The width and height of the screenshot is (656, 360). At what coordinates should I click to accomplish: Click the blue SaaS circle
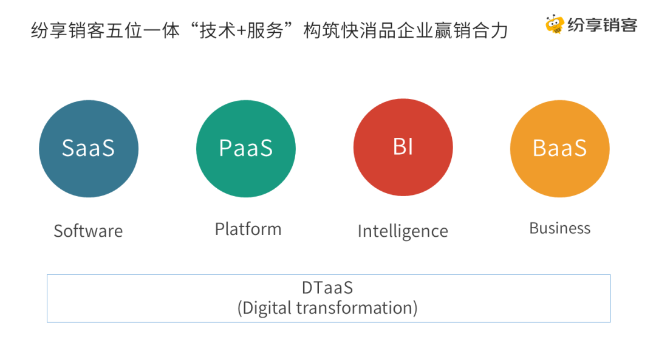[89, 149]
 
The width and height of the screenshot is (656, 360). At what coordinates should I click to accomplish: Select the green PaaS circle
[246, 149]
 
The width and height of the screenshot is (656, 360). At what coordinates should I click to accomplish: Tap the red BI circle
[403, 147]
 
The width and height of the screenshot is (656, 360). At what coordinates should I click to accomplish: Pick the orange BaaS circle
[560, 149]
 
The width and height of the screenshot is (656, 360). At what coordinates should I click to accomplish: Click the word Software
[88, 231]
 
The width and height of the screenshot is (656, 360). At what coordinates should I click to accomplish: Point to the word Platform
[248, 229]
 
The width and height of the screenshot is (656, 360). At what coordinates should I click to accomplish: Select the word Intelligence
[403, 231]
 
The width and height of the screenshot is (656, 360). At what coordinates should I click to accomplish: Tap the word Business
[560, 228]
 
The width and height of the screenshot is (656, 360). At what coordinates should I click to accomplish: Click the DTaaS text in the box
[327, 288]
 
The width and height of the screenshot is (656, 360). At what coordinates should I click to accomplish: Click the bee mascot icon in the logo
[555, 24]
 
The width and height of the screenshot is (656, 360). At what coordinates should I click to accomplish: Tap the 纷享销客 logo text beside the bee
[603, 25]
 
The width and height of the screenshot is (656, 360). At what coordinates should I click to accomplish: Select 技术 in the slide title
[217, 31]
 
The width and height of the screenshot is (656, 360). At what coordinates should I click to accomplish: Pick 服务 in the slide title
[264, 31]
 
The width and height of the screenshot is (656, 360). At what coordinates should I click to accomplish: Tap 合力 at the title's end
[490, 31]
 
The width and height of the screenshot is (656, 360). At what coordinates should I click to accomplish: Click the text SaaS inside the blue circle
[88, 148]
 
